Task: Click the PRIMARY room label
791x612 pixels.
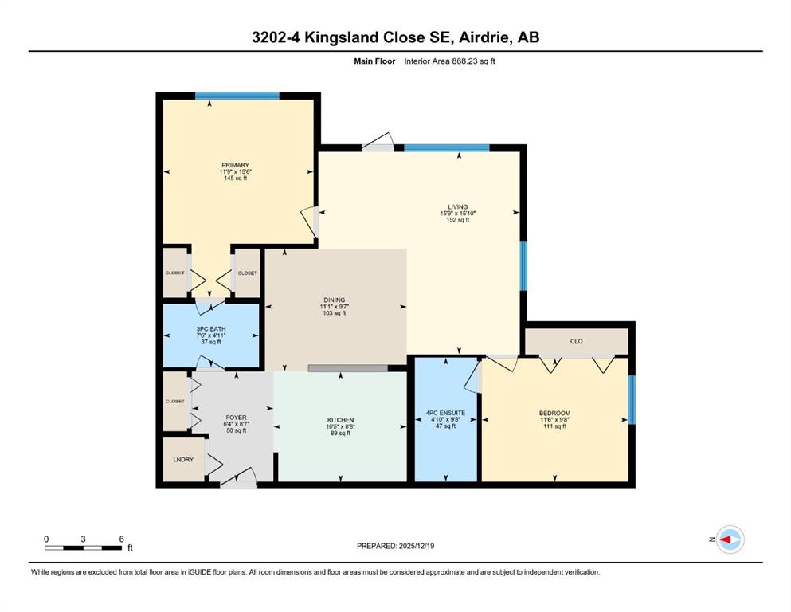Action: (235, 165)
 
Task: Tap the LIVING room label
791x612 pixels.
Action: (457, 207)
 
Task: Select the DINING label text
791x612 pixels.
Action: (334, 300)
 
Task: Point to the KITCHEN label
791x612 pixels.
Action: (340, 420)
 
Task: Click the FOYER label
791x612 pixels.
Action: (236, 418)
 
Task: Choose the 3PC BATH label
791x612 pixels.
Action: (211, 329)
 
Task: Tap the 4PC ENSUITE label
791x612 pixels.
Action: (445, 414)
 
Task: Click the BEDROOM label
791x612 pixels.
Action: (554, 414)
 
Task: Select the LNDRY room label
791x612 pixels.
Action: (183, 460)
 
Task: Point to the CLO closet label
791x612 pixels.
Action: (576, 342)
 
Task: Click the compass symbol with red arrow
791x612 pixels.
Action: (730, 539)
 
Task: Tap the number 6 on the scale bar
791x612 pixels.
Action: (122, 539)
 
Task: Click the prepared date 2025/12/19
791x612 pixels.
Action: (416, 546)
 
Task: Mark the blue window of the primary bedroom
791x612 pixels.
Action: (237, 96)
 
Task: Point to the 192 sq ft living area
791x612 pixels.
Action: (457, 220)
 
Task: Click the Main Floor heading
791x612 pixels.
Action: (374, 61)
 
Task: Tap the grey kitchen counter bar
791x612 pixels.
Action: (347, 368)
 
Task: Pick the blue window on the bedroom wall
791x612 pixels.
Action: (632, 399)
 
